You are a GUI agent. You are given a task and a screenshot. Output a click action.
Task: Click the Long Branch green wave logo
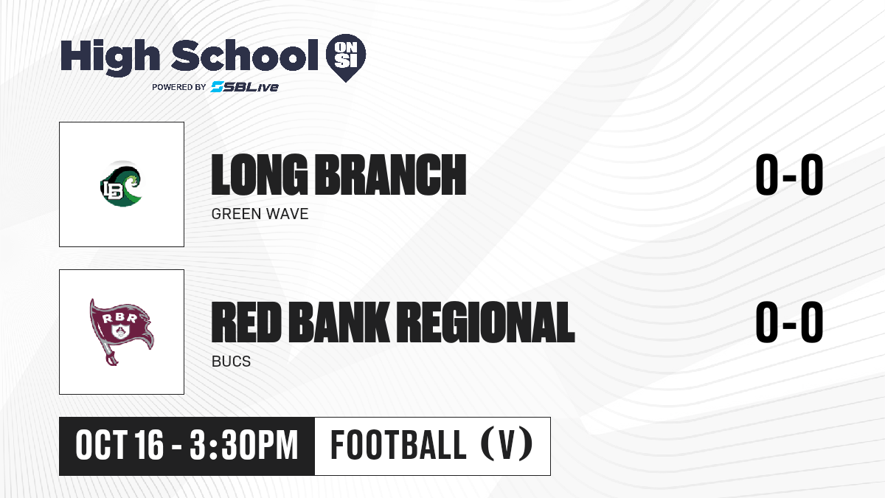pyautogui.click(x=121, y=184)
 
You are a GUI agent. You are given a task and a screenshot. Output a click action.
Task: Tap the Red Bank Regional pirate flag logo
pyautogui.click(x=121, y=331)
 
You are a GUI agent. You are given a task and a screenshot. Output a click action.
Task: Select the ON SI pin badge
pyautogui.click(x=346, y=58)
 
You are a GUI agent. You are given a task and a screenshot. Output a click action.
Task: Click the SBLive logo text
pyautogui.click(x=245, y=87)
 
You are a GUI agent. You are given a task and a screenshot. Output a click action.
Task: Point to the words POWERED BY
pyautogui.click(x=179, y=87)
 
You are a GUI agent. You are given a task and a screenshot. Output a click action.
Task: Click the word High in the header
pyautogui.click(x=110, y=57)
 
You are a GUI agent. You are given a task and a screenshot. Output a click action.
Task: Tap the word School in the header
pyautogui.click(x=245, y=55)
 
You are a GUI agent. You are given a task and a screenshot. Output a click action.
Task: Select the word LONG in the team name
pyautogui.click(x=259, y=175)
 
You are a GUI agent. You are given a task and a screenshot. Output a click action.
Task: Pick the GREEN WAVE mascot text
pyautogui.click(x=260, y=214)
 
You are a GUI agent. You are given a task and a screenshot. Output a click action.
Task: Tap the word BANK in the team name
pyautogui.click(x=339, y=322)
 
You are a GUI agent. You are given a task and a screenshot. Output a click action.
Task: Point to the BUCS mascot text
pyautogui.click(x=231, y=362)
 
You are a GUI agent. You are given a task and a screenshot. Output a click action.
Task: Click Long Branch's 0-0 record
pyautogui.click(x=789, y=175)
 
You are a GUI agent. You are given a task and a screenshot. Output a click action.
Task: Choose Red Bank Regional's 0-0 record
pyautogui.click(x=789, y=322)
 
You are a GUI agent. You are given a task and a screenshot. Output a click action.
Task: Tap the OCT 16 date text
pyautogui.click(x=119, y=446)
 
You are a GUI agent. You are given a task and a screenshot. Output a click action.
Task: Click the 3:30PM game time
pyautogui.click(x=244, y=446)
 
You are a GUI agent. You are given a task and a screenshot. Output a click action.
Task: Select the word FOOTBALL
pyautogui.click(x=398, y=446)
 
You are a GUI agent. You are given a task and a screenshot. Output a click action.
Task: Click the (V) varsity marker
pyautogui.click(x=507, y=445)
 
